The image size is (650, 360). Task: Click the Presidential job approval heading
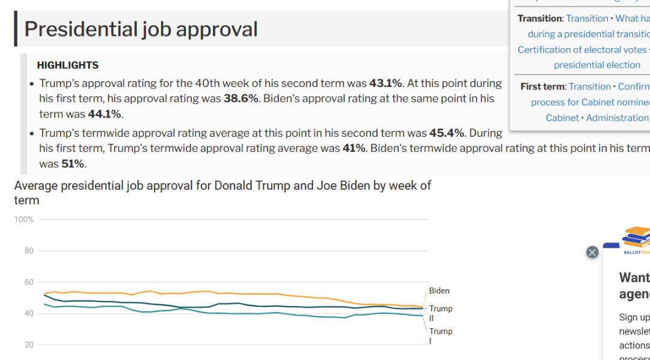tap(141, 29)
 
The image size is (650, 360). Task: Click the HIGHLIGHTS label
tap(68, 65)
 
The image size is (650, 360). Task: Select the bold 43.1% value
tap(386, 83)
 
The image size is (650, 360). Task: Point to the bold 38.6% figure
tap(241, 98)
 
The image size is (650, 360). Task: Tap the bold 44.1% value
tap(105, 114)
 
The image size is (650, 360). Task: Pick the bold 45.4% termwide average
tap(446, 133)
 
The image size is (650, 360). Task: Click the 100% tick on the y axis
tap(24, 220)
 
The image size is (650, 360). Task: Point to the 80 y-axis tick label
tap(29, 251)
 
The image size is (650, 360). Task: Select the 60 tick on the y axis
tap(29, 282)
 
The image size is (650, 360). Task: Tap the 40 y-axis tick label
tap(29, 313)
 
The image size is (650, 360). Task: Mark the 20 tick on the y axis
tap(29, 345)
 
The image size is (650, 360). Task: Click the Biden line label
tap(439, 291)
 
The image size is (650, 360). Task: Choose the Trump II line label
tap(440, 313)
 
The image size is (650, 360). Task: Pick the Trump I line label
tap(440, 335)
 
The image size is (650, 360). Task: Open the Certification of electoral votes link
tap(582, 50)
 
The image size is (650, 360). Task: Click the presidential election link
tap(597, 65)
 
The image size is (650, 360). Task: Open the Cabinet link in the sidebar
tap(562, 118)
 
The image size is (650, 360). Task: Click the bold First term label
tap(543, 86)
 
